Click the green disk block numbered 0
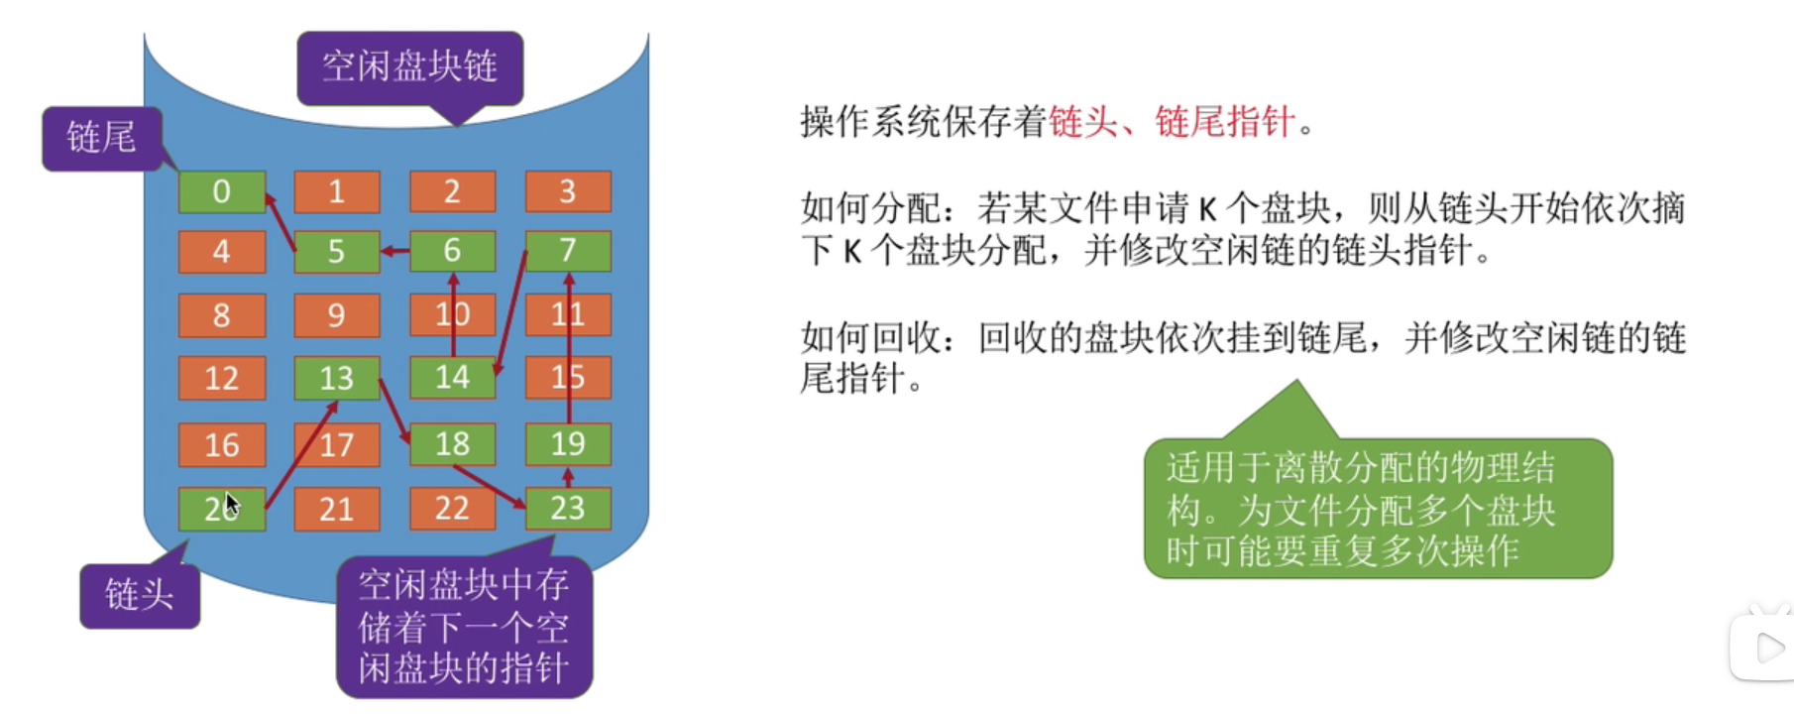click(x=222, y=191)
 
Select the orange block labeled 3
click(x=567, y=191)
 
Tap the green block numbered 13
click(x=336, y=378)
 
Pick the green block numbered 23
click(x=567, y=509)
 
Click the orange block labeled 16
click(x=222, y=444)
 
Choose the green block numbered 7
click(x=567, y=251)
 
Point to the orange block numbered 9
click(x=336, y=315)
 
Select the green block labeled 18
click(x=452, y=444)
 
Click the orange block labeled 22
click(x=452, y=509)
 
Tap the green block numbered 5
click(x=336, y=251)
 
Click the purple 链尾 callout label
click(x=101, y=137)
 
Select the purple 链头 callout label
click(x=140, y=595)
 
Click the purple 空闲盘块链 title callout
click(x=409, y=66)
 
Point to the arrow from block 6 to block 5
click(x=395, y=251)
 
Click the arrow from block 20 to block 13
click(x=300, y=455)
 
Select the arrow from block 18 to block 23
click(x=489, y=486)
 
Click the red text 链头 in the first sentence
click(x=1082, y=123)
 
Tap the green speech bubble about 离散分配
click(x=1378, y=509)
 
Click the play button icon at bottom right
click(x=1769, y=648)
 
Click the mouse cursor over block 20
click(x=231, y=504)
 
